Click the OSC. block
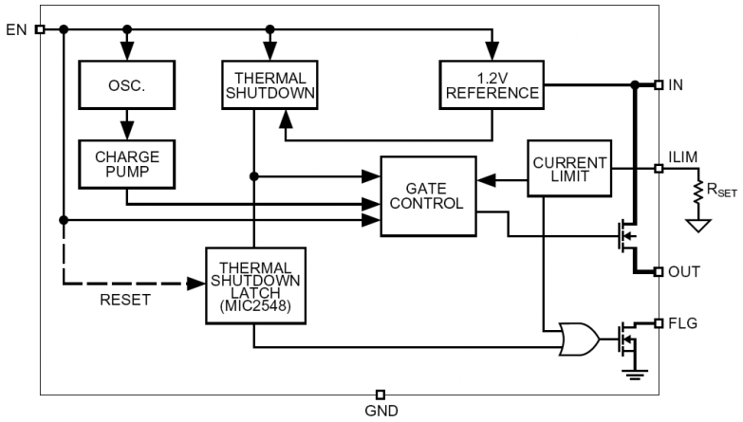[126, 85]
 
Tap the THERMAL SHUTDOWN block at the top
[269, 85]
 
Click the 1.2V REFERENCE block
[492, 85]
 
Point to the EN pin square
[40, 29]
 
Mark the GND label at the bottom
[381, 411]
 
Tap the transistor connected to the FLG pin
[625, 338]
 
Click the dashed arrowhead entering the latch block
[197, 283]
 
